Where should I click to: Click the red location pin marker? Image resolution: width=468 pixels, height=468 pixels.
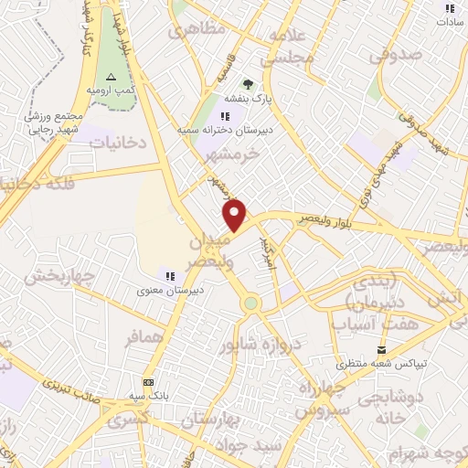[x=236, y=216]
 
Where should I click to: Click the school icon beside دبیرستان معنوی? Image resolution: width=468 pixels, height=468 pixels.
[x=168, y=275]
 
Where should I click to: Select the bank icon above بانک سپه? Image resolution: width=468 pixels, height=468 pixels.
[x=149, y=382]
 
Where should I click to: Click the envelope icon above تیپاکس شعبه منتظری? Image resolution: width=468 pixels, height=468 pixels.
[x=382, y=349]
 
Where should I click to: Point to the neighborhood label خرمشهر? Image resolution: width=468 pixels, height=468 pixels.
[x=235, y=155]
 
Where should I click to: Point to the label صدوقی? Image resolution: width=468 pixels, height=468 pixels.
[x=398, y=55]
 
